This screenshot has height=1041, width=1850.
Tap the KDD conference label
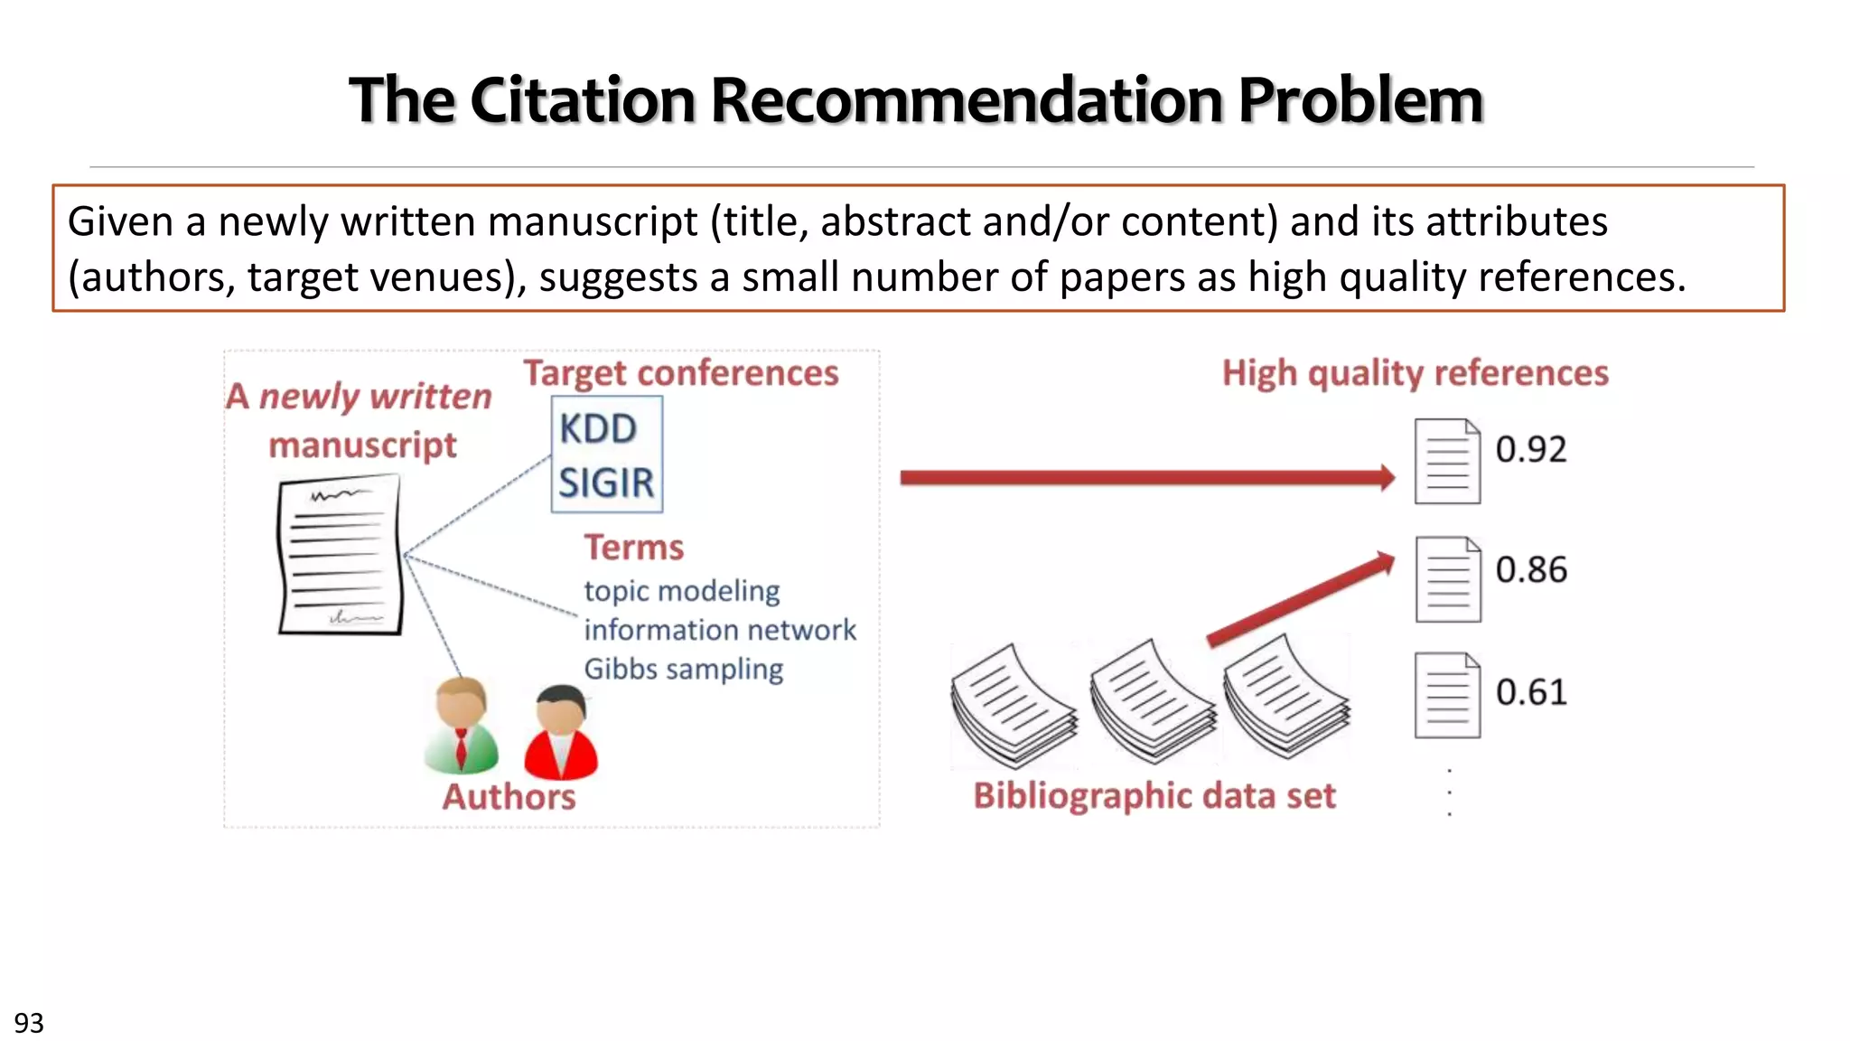(x=598, y=428)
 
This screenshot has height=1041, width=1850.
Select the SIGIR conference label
(x=606, y=483)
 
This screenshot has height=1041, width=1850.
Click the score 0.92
(x=1531, y=449)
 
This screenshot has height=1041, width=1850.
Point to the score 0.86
(x=1531, y=569)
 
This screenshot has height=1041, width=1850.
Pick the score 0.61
(x=1531, y=692)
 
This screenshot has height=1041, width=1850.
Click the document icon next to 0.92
(x=1447, y=461)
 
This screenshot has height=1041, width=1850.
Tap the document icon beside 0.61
(x=1447, y=695)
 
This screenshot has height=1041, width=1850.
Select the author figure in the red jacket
(x=561, y=733)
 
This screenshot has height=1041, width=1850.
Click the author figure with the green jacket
(x=461, y=726)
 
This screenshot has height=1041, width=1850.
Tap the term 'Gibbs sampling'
(x=684, y=669)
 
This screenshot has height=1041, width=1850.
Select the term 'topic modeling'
(x=682, y=591)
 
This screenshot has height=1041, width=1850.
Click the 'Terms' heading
(x=634, y=548)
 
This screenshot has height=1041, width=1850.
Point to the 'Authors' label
(x=509, y=797)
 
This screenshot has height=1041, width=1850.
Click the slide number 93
(x=29, y=1023)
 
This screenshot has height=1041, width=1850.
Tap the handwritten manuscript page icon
(x=340, y=555)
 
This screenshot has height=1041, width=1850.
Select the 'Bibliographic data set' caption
(x=1154, y=796)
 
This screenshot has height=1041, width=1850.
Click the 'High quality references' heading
(x=1416, y=373)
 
